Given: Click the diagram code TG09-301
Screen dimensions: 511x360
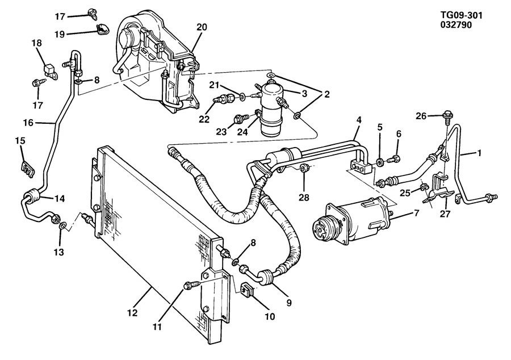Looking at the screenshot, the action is tap(461, 15).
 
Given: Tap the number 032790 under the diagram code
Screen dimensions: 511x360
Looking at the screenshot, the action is tap(456, 25).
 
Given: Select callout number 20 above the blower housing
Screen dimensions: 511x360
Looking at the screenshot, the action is tap(202, 27).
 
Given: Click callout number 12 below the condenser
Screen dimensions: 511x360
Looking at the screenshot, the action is tap(132, 313).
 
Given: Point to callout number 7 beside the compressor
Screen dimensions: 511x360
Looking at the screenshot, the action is tap(417, 214).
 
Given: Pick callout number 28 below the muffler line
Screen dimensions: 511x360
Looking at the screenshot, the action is tap(304, 197).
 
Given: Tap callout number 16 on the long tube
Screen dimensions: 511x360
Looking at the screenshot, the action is tap(28, 123).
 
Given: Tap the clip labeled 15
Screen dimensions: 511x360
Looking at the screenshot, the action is tap(26, 168).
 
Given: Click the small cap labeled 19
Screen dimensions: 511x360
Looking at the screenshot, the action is tap(102, 30).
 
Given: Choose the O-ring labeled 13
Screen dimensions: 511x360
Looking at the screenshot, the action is tap(63, 225).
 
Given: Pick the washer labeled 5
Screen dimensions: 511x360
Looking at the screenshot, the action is tap(380, 162).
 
